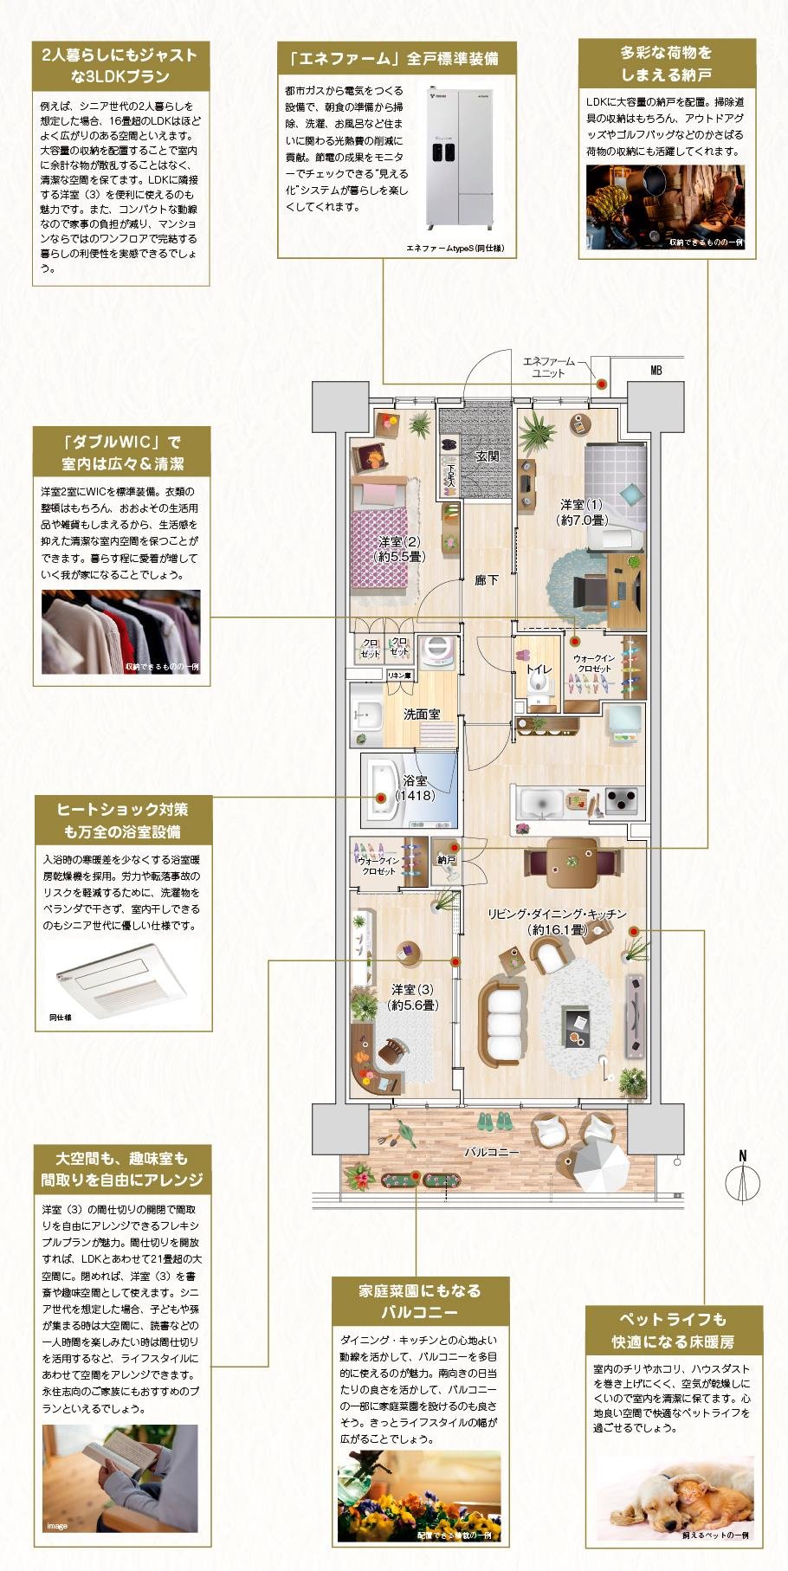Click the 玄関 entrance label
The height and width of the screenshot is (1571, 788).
487,456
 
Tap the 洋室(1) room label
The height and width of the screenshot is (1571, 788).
580,512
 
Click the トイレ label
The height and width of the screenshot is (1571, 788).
539,669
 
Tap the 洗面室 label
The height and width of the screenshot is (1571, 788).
422,714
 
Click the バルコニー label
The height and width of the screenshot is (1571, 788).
491,1152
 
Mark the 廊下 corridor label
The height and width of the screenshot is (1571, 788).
487,580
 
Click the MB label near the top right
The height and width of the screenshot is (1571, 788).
656,371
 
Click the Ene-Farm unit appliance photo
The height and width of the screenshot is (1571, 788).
462,160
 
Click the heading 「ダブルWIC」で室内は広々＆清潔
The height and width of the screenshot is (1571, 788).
122,451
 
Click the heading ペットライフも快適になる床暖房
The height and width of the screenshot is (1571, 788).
673,1330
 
